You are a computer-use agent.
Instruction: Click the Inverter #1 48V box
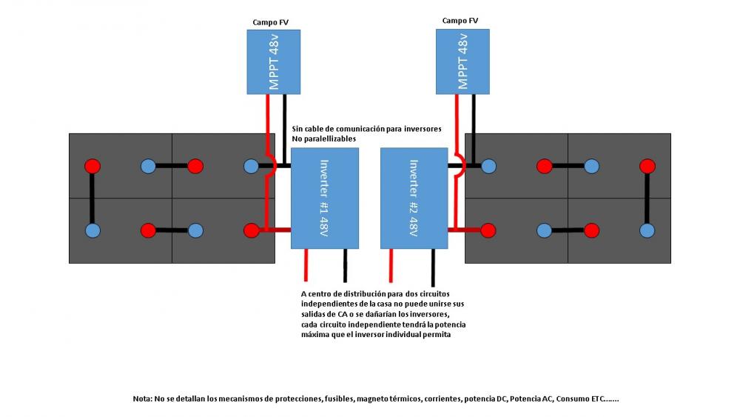pyautogui.click(x=325, y=199)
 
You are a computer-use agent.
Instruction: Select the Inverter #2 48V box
pyautogui.click(x=414, y=199)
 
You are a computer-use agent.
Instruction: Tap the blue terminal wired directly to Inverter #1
pyautogui.click(x=251, y=166)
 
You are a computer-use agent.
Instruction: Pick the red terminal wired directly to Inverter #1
pyautogui.click(x=251, y=230)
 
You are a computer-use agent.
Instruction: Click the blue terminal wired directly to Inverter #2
pyautogui.click(x=488, y=166)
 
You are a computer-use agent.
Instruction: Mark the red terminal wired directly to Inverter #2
pyautogui.click(x=488, y=230)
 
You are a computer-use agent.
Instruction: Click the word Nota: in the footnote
pyautogui.click(x=142, y=398)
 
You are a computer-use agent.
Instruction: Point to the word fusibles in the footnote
pyautogui.click(x=339, y=398)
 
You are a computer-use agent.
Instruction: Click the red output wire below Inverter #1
pyautogui.click(x=306, y=265)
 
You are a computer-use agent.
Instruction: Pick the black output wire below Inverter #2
pyautogui.click(x=433, y=268)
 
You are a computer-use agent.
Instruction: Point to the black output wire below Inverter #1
pyautogui.click(x=345, y=265)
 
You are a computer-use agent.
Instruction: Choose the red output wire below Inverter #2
pyautogui.click(x=391, y=265)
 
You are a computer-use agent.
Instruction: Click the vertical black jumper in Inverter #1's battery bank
pyautogui.click(x=92, y=199)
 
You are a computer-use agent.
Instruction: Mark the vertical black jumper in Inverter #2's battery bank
pyautogui.click(x=647, y=199)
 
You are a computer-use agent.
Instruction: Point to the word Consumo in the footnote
pyautogui.click(x=569, y=398)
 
